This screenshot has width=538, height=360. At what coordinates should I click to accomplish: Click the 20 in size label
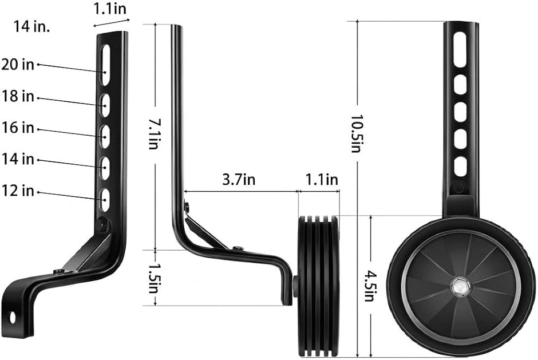coord(18,64)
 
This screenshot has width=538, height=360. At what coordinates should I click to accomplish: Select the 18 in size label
coord(18,96)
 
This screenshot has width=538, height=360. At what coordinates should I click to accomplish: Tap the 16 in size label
coord(18,128)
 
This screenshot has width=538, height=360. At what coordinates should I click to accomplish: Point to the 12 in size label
coord(18,191)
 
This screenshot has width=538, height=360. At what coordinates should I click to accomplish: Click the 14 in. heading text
coord(31,26)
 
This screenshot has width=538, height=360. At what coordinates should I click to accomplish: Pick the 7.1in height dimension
coord(153,134)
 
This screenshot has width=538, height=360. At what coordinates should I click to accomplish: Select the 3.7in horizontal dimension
coord(239,180)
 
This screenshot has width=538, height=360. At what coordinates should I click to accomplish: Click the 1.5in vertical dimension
coord(153,278)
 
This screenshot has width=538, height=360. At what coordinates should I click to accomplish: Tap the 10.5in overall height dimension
coord(356,133)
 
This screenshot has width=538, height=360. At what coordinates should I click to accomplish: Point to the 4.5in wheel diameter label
coord(369,286)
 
